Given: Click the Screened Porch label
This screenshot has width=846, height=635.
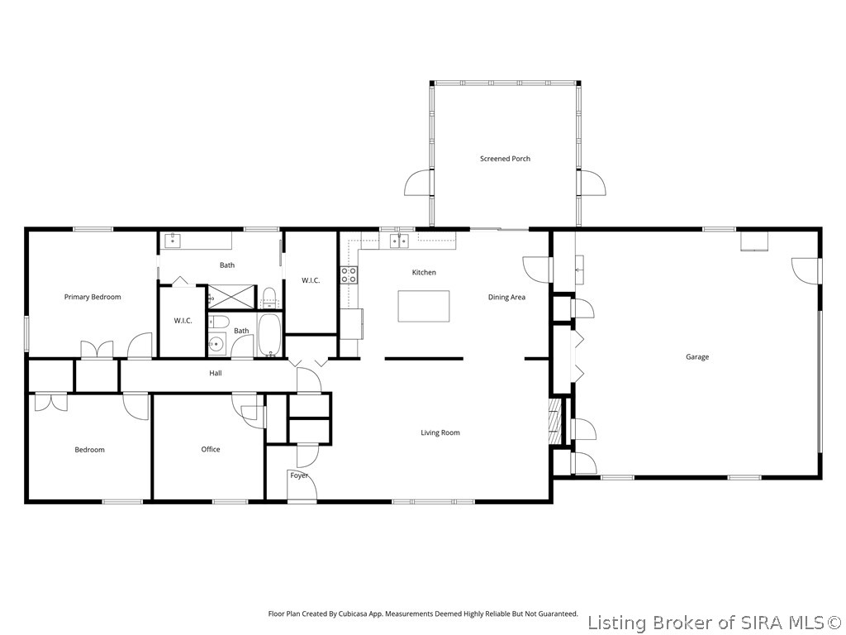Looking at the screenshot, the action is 505,159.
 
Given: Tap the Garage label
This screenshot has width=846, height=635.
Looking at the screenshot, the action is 697,357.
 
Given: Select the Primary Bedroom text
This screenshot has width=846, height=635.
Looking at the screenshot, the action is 93,297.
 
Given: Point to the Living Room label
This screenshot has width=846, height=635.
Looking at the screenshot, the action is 440,432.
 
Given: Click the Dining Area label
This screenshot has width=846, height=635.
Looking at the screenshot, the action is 506,297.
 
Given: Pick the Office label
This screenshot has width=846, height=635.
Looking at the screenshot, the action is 211,449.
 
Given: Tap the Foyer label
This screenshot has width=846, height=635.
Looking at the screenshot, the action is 299,475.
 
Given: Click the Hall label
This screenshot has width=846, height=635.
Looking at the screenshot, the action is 216,373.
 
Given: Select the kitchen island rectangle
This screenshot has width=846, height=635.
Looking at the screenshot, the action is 424,306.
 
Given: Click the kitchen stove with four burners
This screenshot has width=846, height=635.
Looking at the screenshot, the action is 349,275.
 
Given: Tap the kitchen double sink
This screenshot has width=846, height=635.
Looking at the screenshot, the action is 399,241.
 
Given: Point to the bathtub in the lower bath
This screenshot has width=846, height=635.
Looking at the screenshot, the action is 269,335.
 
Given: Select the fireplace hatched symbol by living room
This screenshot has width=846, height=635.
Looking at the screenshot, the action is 554,421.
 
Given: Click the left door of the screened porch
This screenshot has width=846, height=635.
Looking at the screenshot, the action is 419,183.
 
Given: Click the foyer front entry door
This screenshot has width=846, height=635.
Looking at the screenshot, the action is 302,486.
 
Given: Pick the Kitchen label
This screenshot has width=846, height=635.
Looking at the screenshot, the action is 424,273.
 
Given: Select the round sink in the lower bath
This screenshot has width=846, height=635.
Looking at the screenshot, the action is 217,343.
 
